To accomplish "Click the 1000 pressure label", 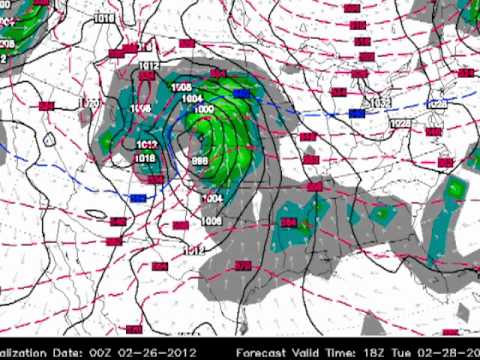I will click(x=204, y=108).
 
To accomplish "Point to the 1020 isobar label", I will click(x=89, y=103).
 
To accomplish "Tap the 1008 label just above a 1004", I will click(x=182, y=88).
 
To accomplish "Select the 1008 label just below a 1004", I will click(x=211, y=221).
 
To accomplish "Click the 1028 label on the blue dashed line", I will click(x=437, y=103).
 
